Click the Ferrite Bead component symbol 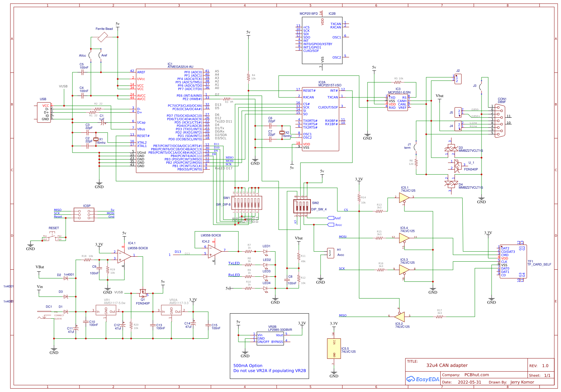[x=103, y=37]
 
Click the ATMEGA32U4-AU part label [x=180, y=67]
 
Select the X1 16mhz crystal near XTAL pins [x=96, y=139]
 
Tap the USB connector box [x=44, y=112]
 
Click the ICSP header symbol [x=84, y=214]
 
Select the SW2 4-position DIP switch [x=301, y=206]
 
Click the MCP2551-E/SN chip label [x=399, y=92]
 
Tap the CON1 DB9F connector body [x=500, y=121]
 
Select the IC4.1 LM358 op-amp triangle [x=124, y=256]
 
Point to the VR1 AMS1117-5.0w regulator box [x=106, y=310]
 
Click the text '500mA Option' [x=248, y=366]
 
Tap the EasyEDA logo [x=423, y=379]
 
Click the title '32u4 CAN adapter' [x=447, y=366]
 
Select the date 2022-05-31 [x=469, y=382]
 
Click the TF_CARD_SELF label [x=539, y=265]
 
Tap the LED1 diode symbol [x=265, y=251]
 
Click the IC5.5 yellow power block [x=334, y=348]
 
